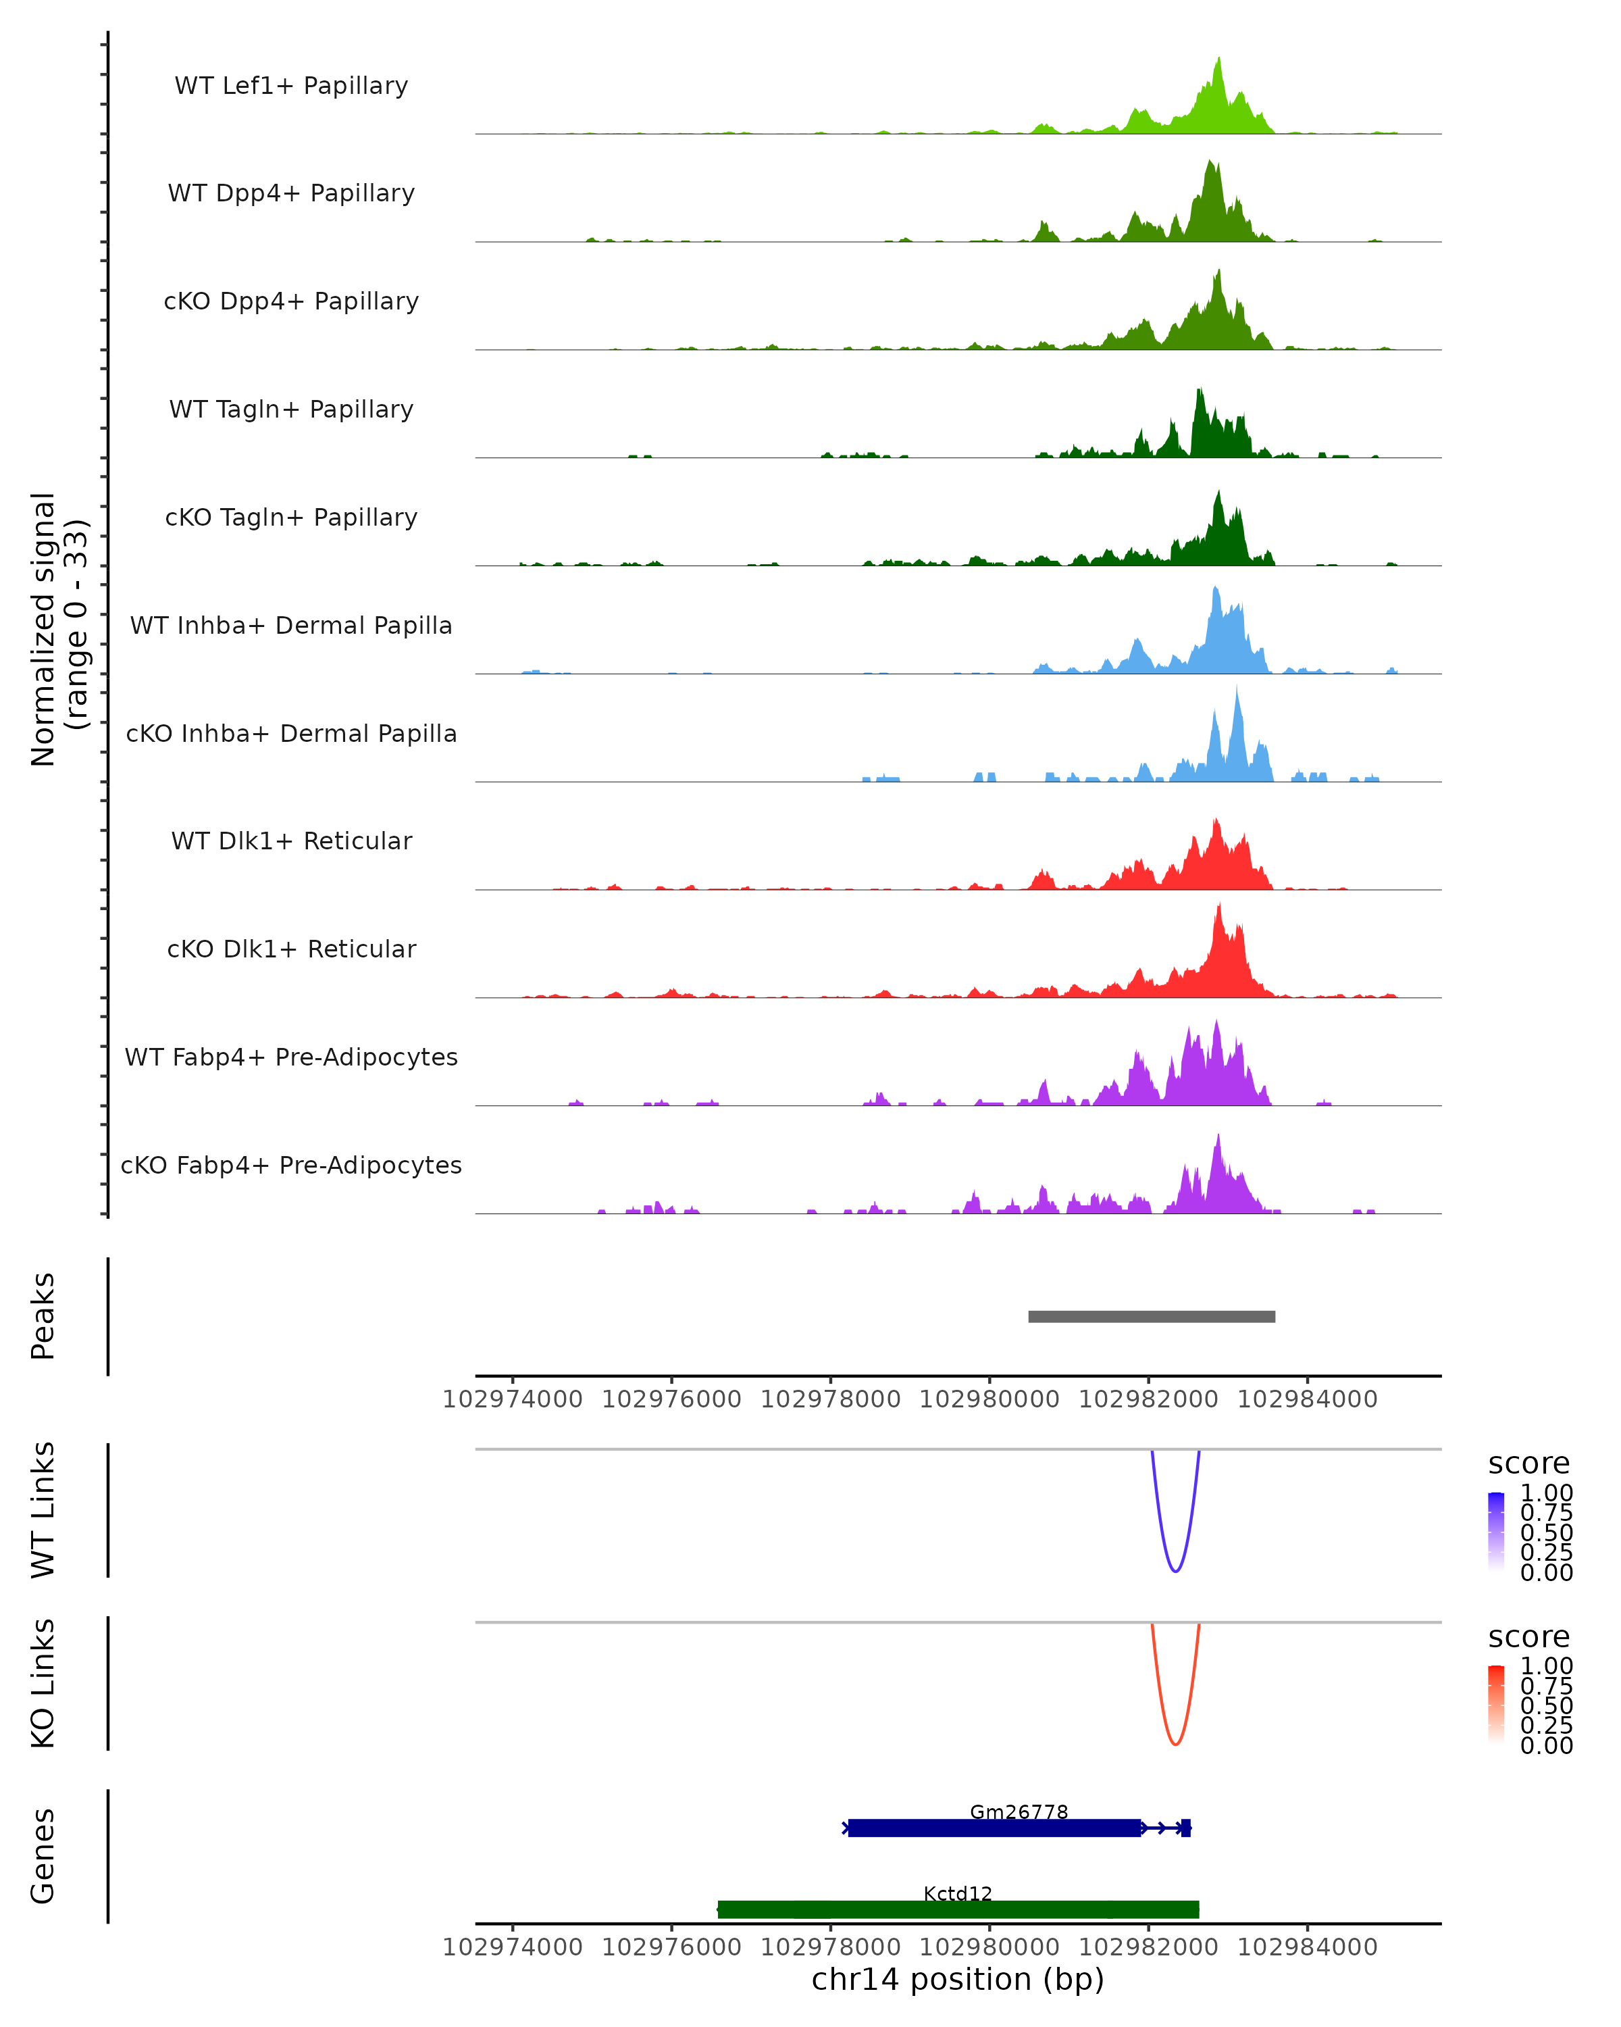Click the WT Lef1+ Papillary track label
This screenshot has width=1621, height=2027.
tap(291, 86)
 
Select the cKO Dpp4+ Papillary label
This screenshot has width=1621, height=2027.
tap(291, 301)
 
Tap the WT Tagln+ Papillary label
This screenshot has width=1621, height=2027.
tap(291, 409)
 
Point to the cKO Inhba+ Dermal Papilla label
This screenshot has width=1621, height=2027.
tap(291, 733)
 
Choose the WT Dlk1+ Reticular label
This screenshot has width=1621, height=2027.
tap(291, 841)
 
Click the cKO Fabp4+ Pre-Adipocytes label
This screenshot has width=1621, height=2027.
tap(291, 1165)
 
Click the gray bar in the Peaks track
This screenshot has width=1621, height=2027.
tap(1151, 1316)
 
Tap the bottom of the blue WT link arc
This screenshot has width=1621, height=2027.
tap(1175, 1571)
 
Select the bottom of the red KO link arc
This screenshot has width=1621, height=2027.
tap(1175, 1744)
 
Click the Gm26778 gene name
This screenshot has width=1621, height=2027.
tap(1019, 1811)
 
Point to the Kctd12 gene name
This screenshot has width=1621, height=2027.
tap(958, 1893)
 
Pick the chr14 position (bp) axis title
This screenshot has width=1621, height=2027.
tap(958, 1979)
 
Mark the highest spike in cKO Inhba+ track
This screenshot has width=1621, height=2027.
tap(1237, 689)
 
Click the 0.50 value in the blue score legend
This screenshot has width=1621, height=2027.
tap(1547, 1532)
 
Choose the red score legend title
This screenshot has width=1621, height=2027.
tap(1529, 1637)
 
